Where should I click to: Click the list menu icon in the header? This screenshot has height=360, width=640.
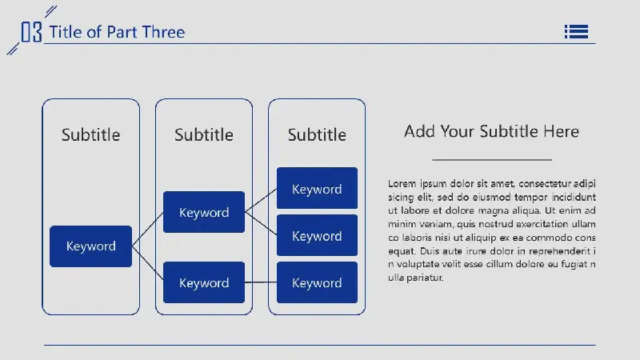(576, 31)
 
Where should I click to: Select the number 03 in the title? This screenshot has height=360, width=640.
(31, 32)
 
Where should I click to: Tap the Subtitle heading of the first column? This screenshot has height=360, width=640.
(90, 134)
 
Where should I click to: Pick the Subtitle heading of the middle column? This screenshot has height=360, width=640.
(204, 134)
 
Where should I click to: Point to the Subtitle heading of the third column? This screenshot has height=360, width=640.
(317, 134)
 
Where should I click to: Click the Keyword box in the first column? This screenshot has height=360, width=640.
(90, 246)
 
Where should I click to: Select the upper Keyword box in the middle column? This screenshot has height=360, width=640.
(204, 212)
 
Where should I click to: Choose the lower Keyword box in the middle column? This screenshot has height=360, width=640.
(204, 282)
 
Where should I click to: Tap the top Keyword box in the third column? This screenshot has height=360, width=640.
(317, 188)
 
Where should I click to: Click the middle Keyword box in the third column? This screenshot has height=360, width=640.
(317, 235)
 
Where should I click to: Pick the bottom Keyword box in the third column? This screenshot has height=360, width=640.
(317, 282)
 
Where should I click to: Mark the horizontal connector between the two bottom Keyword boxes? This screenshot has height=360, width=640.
(261, 282)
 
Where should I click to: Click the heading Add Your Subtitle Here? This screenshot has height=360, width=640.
(491, 131)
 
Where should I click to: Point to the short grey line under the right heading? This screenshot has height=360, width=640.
(492, 159)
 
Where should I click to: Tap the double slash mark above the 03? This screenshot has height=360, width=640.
(50, 11)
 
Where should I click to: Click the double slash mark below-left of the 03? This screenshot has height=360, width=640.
(13, 49)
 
